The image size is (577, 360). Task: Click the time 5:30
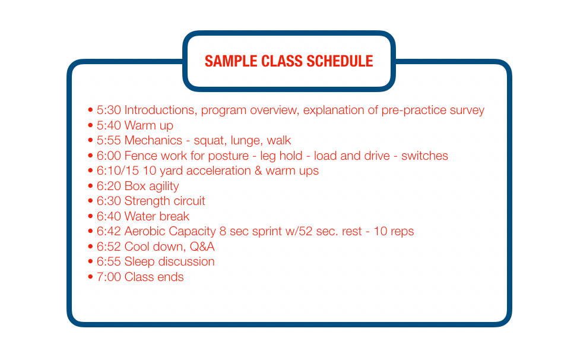coord(109,110)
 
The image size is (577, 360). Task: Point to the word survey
coord(467,110)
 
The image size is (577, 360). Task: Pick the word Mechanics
coord(153,140)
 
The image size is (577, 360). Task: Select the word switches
coord(424,156)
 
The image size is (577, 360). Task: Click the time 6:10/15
coord(118,171)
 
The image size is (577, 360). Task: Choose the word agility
coord(164,187)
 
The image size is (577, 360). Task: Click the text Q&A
coord(202,247)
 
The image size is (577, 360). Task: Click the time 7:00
coord(109,277)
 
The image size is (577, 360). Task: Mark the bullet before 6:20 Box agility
coord(90,186)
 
